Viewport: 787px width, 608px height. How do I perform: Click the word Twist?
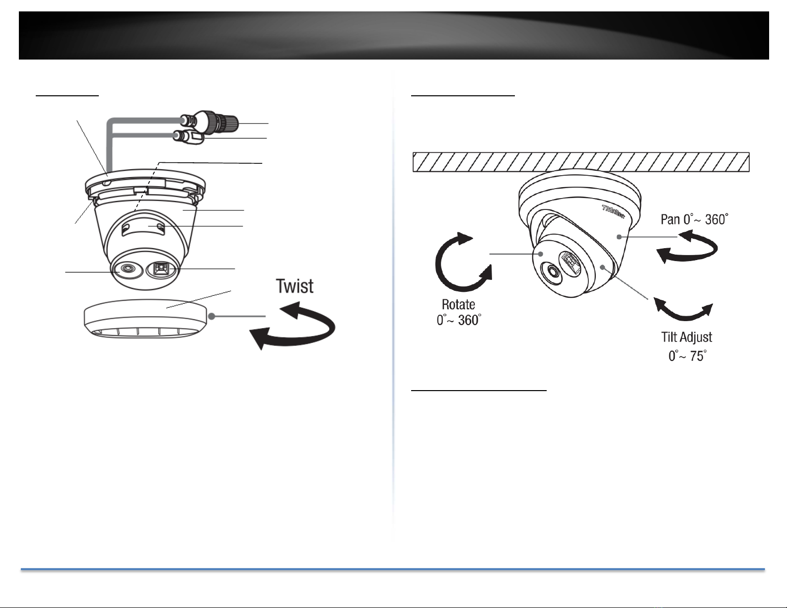[x=294, y=286]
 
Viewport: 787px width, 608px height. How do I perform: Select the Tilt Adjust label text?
[x=686, y=338]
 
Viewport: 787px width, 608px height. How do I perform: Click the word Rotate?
[x=458, y=304]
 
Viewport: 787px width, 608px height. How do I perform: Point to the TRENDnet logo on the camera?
[x=613, y=212]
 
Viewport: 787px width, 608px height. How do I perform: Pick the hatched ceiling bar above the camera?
[x=581, y=162]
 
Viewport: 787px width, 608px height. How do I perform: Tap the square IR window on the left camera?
[x=159, y=269]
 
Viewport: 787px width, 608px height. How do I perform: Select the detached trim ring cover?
[x=145, y=319]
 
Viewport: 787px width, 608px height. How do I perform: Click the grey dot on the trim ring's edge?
[x=212, y=316]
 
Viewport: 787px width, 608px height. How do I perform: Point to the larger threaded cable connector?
[x=210, y=121]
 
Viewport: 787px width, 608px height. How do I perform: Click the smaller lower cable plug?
[x=188, y=137]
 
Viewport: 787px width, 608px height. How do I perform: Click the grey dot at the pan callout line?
[x=619, y=237]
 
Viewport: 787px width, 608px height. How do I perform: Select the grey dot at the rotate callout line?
[x=540, y=254]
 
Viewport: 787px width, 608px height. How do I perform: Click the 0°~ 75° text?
[x=687, y=356]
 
